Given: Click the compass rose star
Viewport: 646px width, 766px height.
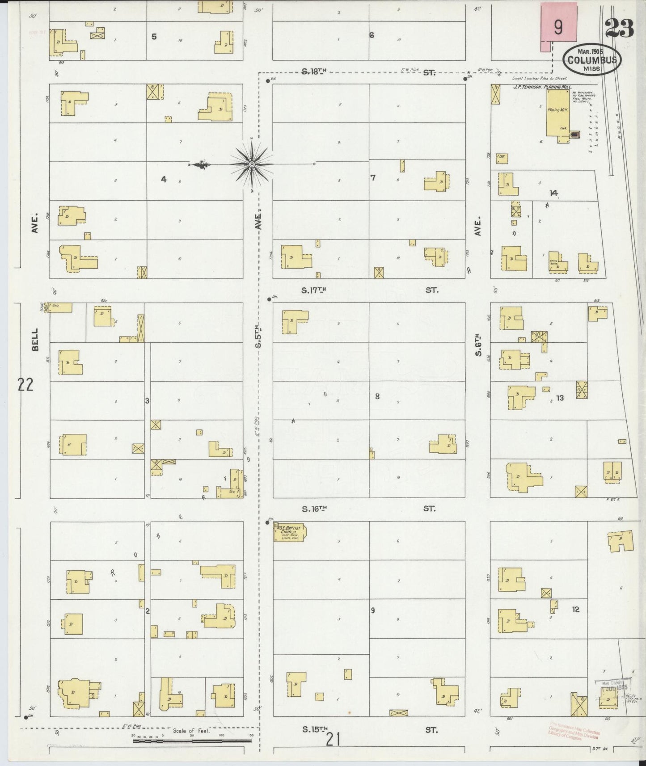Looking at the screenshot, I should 252,164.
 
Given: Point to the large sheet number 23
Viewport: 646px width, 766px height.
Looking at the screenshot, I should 620,29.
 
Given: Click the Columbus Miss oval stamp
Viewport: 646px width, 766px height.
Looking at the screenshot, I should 592,60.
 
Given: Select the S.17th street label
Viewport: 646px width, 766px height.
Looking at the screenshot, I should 314,290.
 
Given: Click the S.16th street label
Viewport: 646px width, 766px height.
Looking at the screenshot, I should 315,509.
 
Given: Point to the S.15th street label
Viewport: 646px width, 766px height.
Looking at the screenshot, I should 315,729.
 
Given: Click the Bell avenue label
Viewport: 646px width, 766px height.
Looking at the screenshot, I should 35,340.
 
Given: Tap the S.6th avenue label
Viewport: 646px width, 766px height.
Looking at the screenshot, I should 478,345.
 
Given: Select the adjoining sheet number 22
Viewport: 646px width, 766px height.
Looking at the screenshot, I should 25,384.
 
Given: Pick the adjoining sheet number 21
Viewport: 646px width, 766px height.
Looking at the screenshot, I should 333,740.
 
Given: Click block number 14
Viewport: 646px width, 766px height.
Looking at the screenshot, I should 554,193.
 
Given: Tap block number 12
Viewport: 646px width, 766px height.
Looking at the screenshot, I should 575,609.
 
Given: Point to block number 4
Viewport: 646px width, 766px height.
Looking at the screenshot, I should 164,179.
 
